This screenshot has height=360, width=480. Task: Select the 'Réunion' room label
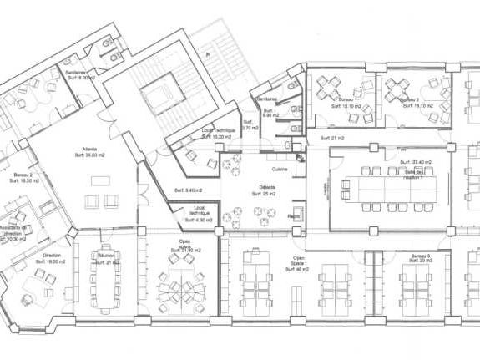[x=106, y=256]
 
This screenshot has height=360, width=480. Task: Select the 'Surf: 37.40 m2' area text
[x=415, y=162]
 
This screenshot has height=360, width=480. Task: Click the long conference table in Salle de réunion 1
[x=388, y=195]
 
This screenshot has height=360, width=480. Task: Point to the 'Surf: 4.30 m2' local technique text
[x=199, y=220]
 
